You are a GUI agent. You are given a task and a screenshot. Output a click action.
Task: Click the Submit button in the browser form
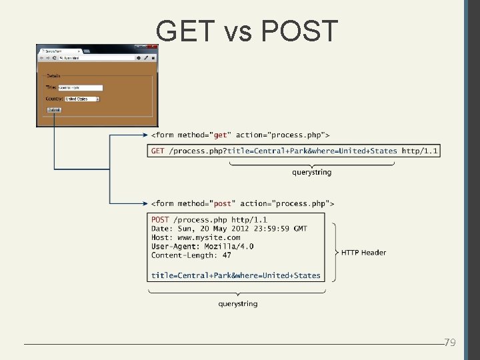(x=54, y=110)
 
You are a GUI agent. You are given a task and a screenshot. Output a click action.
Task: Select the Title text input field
(x=80, y=87)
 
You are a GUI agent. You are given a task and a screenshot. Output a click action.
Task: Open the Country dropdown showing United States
(x=82, y=99)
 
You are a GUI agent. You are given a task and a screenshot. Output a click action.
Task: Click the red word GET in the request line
(x=158, y=151)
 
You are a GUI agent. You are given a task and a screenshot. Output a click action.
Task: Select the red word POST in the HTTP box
(x=160, y=220)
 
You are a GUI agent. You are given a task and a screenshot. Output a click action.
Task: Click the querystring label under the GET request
(x=311, y=173)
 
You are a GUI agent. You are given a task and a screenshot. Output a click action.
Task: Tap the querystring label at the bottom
(x=237, y=304)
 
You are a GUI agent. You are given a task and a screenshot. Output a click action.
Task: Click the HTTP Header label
(x=363, y=253)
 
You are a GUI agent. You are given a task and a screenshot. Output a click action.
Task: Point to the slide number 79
(x=450, y=343)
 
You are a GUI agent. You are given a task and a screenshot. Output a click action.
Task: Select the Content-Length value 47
(x=227, y=255)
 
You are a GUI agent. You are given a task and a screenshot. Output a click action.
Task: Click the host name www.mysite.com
(x=209, y=237)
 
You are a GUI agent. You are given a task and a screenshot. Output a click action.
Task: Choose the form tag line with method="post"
(x=243, y=203)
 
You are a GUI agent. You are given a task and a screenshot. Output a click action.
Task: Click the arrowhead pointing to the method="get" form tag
(x=145, y=135)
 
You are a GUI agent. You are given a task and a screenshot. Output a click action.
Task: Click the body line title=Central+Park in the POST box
(x=235, y=275)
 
